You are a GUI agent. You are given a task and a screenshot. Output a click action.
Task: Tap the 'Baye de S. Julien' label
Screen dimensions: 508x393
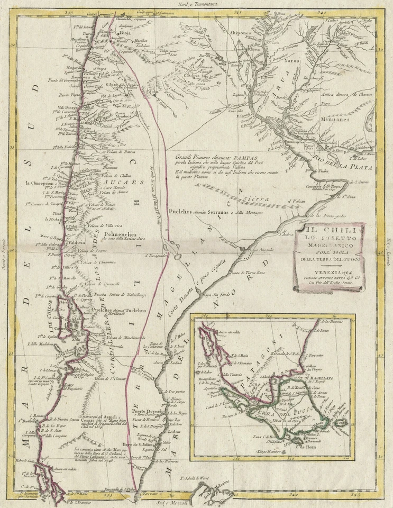click(139, 442)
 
